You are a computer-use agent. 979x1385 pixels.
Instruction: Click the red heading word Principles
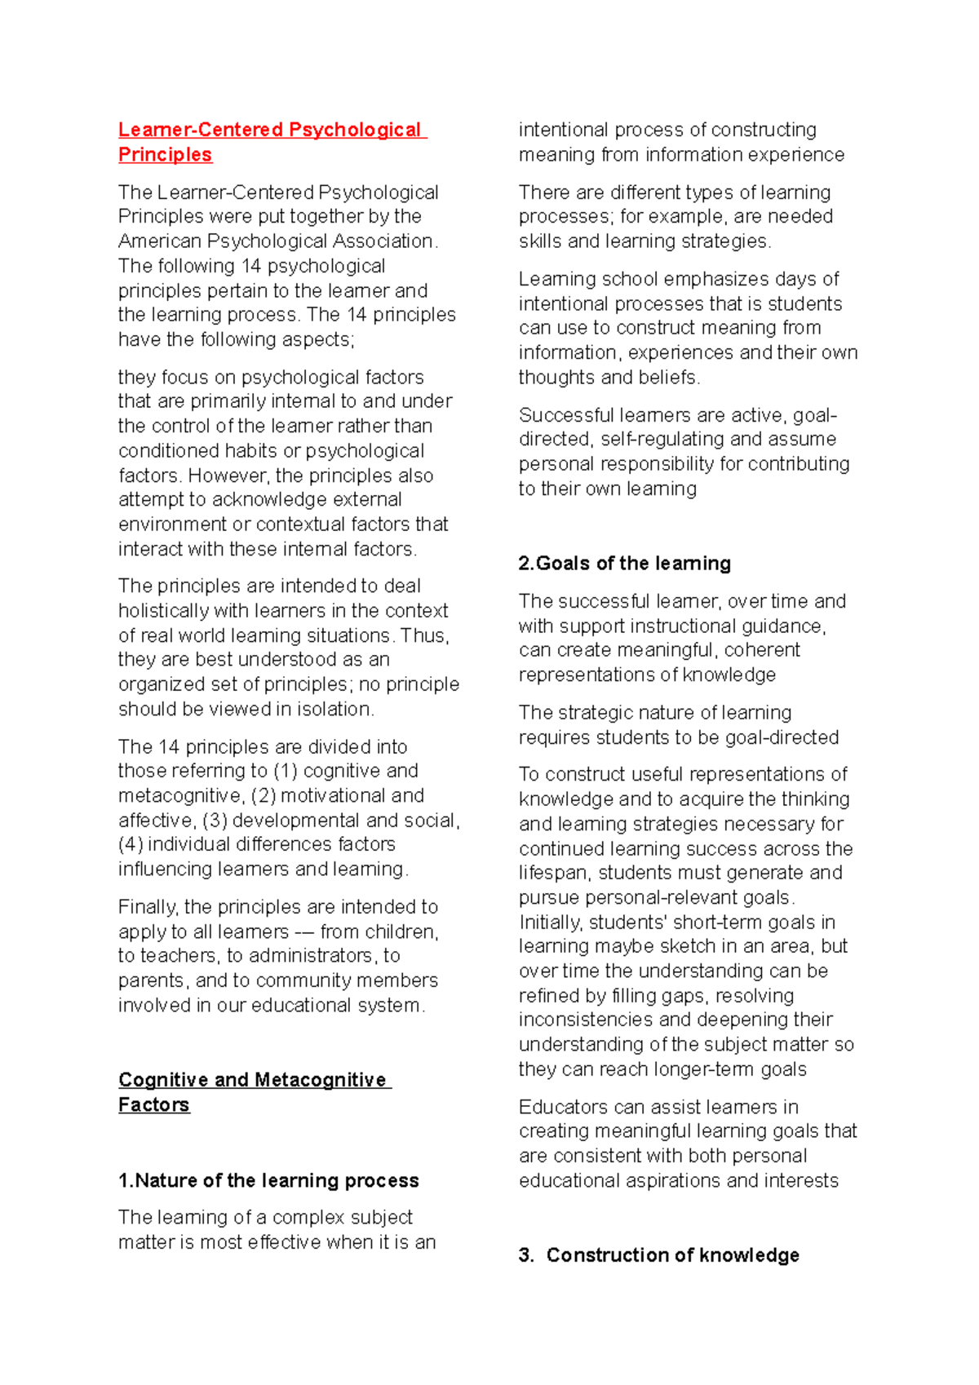pos(165,154)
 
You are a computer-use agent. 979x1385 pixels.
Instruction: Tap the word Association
pos(382,241)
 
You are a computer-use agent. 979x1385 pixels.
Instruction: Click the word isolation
pos(335,709)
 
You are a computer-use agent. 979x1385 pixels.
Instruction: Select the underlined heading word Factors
pos(153,1104)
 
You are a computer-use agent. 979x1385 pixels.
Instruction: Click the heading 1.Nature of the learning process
pos(268,1180)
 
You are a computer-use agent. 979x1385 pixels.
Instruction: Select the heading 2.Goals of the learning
pos(624,563)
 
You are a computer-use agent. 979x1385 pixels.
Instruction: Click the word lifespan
pos(554,873)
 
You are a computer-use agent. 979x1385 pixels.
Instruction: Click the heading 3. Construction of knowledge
pos(659,1254)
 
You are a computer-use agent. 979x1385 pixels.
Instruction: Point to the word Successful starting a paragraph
pos(565,415)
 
